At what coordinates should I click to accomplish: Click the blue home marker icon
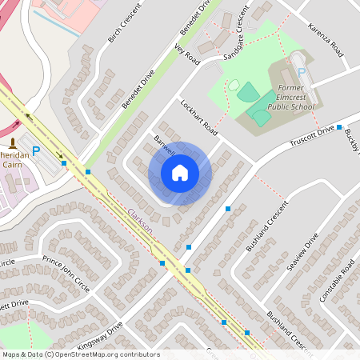click(x=180, y=173)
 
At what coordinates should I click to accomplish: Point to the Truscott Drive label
click(x=313, y=135)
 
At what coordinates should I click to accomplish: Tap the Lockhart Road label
click(x=198, y=118)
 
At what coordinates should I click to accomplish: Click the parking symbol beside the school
click(x=302, y=72)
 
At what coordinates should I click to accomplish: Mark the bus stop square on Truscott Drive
click(x=339, y=127)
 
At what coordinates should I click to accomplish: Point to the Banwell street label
click(x=164, y=145)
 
